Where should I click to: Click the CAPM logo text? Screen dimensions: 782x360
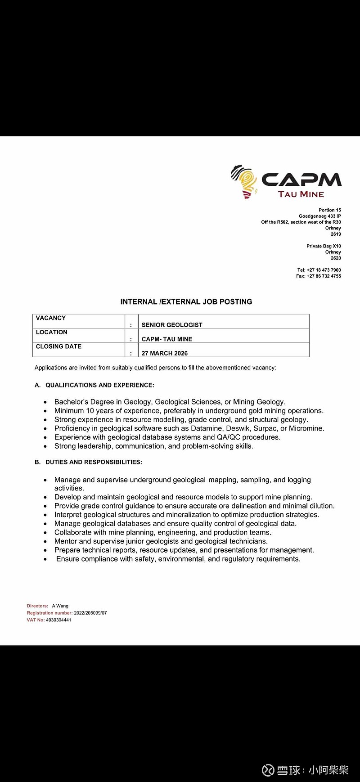tap(301, 179)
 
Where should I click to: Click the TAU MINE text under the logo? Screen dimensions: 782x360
tap(301, 194)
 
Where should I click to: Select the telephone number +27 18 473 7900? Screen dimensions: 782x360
tap(324, 270)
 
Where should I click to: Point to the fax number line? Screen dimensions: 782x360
tap(319, 276)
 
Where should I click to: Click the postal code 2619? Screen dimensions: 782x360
tap(336, 234)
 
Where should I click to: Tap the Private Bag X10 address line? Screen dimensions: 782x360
tap(324, 246)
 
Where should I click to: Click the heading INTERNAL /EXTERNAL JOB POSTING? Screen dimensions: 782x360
tap(186, 301)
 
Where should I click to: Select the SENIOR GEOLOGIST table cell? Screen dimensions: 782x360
tap(172, 325)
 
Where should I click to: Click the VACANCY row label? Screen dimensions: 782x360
tap(51, 318)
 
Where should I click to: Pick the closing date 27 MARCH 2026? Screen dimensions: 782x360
tap(165, 353)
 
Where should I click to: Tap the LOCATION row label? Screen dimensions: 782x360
tap(52, 332)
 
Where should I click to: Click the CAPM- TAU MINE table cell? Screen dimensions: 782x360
tap(167, 339)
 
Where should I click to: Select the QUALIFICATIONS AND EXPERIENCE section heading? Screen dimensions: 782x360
tap(99, 385)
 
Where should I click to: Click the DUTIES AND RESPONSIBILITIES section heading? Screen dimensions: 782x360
tap(94, 462)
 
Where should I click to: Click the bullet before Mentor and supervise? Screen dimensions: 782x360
tap(45, 542)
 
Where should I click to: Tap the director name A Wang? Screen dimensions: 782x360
tap(60, 606)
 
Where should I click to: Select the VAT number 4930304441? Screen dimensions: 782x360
tap(58, 620)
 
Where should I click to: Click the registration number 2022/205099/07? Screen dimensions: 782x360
tap(90, 613)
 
